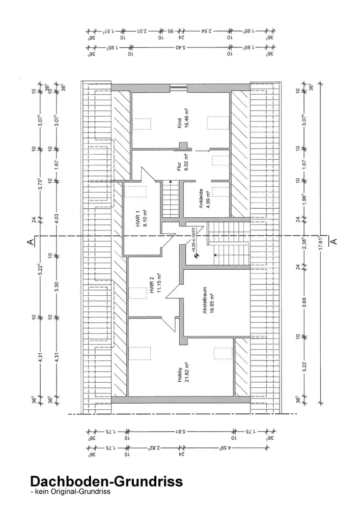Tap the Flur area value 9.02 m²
[x=187, y=162]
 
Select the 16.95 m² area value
[x=211, y=301]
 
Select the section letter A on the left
[x=31, y=241]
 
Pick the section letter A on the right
[x=334, y=242]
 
